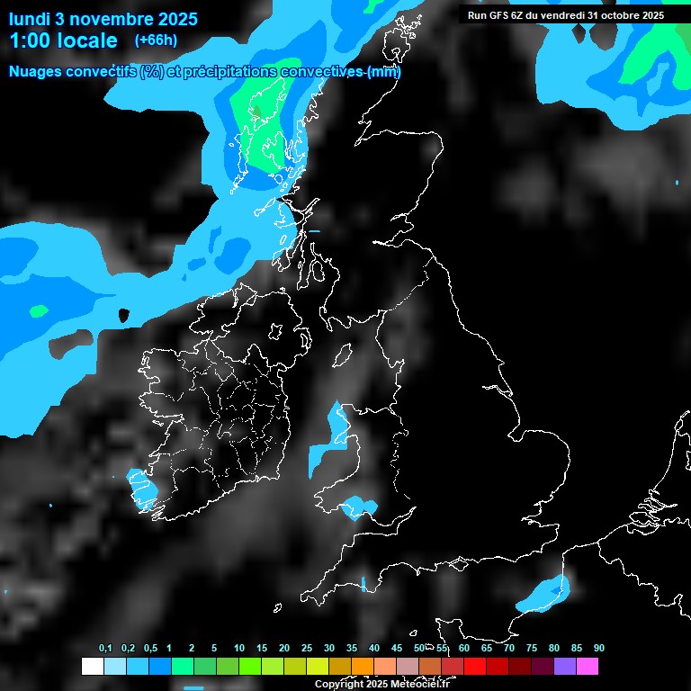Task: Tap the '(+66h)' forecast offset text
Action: tap(156, 40)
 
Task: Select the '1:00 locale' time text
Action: tap(63, 40)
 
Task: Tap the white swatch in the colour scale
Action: tap(92, 666)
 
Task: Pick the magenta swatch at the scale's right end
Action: tap(588, 666)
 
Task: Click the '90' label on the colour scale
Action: tap(598, 648)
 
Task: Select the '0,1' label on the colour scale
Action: tap(105, 648)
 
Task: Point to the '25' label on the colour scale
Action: tap(306, 648)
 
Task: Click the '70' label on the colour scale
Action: tap(508, 648)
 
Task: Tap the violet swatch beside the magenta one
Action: tap(565, 666)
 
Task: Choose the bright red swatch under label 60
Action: tap(475, 666)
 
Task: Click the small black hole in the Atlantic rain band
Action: tap(124, 315)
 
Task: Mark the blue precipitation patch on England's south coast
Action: tap(543, 596)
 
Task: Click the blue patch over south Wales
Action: tap(359, 507)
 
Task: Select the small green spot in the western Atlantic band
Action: tap(38, 311)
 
